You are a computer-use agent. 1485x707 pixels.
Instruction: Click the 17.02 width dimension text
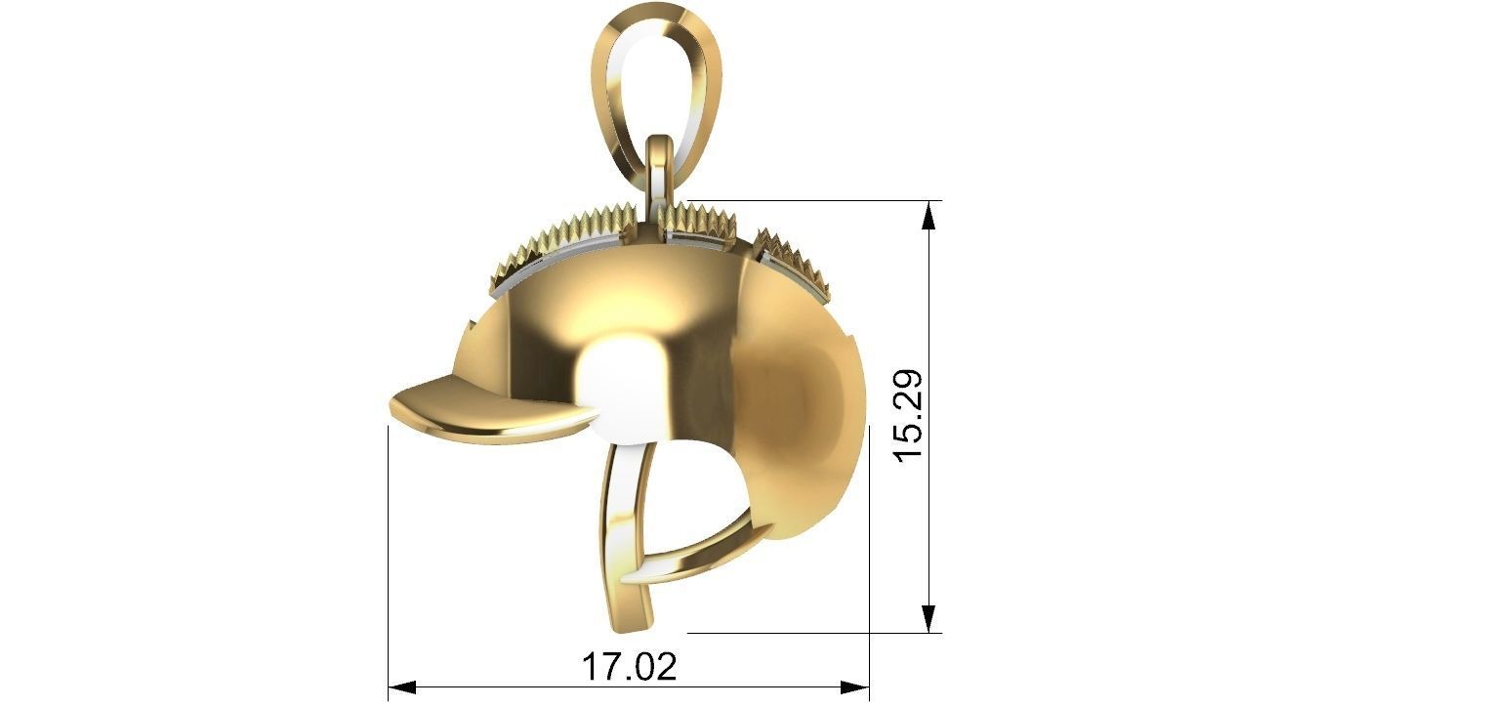click(x=629, y=667)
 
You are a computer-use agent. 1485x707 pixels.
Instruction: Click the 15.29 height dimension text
click(x=908, y=416)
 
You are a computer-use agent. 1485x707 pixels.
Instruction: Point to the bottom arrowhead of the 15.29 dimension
click(x=929, y=618)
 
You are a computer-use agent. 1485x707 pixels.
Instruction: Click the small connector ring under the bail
click(x=660, y=171)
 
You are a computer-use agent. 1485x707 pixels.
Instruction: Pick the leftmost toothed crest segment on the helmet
click(x=522, y=259)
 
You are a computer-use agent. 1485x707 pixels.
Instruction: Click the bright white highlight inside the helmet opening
click(x=625, y=391)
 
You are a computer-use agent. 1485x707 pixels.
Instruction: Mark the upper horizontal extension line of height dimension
click(x=810, y=201)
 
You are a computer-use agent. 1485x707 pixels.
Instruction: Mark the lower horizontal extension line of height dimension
click(x=810, y=633)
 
